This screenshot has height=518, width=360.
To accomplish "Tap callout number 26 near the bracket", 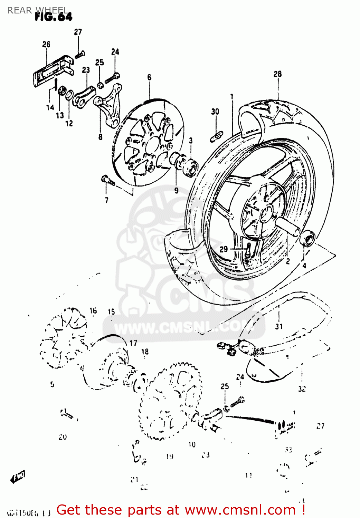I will pos(46,44).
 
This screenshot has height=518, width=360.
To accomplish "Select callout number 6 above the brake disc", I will pos(149,77).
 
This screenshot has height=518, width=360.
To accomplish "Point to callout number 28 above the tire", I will pos(278,74).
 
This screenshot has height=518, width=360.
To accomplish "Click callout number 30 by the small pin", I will pos(215,112).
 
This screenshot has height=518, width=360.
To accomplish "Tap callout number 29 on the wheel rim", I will pos(224,249).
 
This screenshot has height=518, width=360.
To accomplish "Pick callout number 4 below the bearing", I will pos(304,266).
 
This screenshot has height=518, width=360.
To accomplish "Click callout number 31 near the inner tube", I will pos(279,326).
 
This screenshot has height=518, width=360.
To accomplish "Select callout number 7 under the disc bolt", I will pos(106,200).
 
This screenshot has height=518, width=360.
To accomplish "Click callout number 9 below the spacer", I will pos(176,190).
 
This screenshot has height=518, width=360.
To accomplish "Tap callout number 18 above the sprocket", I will pos(145,352).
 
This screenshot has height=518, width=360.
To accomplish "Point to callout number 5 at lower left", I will pos(52,384).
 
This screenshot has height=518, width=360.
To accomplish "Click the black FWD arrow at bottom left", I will pos(18,478).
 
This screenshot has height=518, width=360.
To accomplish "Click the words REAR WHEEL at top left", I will pos(37,10).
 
